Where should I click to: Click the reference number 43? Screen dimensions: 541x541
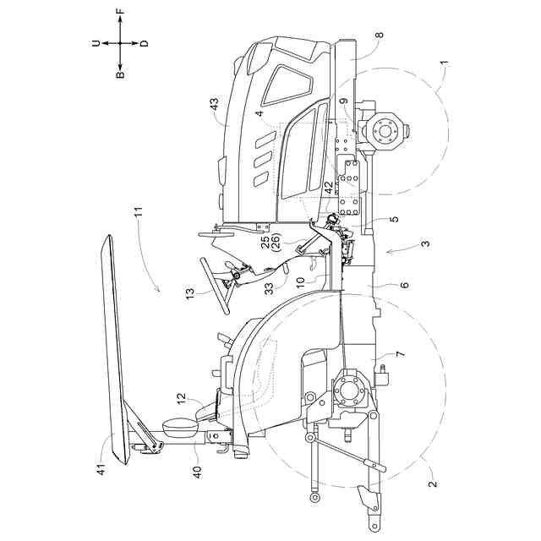pos(214,106)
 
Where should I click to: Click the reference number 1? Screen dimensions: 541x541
pos(444,64)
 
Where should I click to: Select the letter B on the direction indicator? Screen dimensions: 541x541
pos(120,74)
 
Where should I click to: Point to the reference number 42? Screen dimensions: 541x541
pos(328,187)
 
